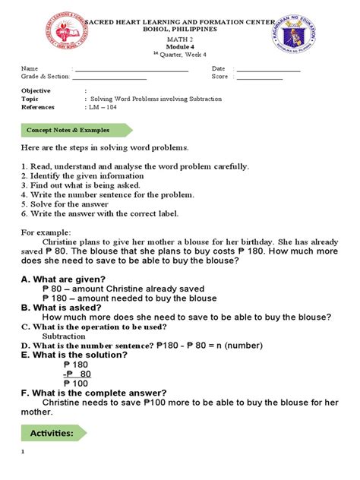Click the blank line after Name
(131, 70)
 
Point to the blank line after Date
(268, 70)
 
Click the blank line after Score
(259, 77)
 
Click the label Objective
(36, 91)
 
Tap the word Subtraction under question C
(63, 336)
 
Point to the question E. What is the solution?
(74, 355)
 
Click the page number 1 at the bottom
(24, 453)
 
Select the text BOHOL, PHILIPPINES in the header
(180, 29)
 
